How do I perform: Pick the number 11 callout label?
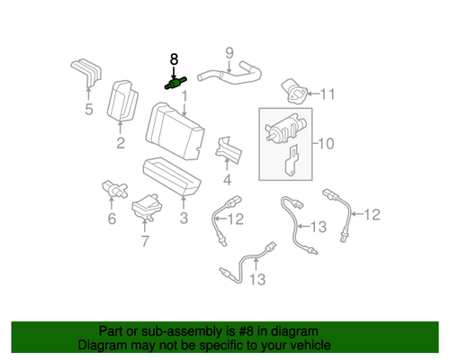coord(327,93)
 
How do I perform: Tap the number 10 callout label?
coord(325,142)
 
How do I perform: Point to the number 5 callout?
coord(88,111)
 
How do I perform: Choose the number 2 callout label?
coord(119,142)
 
